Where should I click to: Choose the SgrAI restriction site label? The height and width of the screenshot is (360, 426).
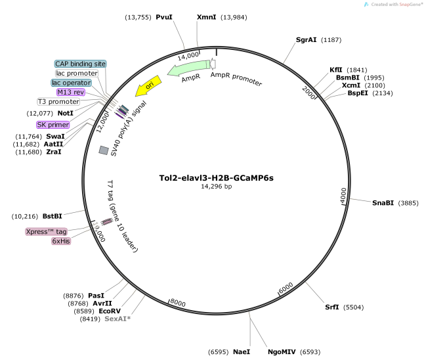tap(306, 39)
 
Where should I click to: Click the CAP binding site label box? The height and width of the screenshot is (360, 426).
tap(80, 63)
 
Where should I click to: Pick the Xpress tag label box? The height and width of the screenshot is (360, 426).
tap(47, 231)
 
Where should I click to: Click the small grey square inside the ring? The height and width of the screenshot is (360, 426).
tap(103, 150)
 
